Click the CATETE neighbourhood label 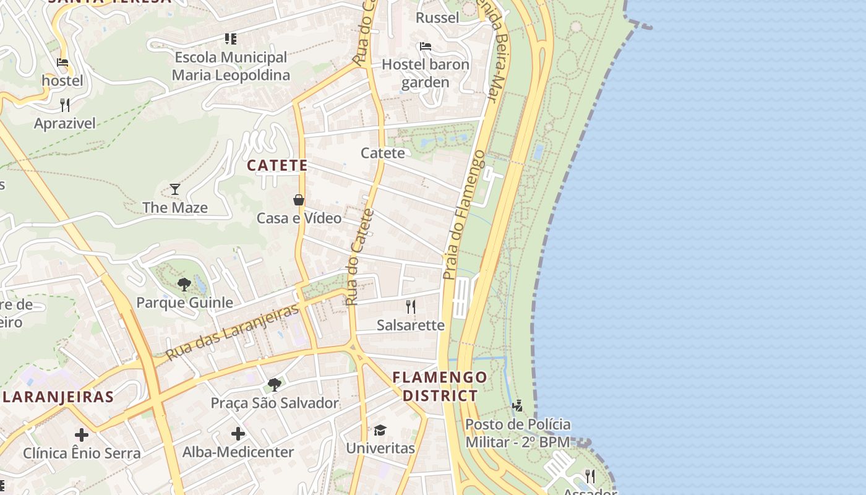(277, 165)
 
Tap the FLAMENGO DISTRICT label (440, 386)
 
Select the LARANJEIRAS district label (58, 397)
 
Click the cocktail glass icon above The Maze (175, 189)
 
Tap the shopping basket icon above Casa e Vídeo (299, 200)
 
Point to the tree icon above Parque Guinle (184, 285)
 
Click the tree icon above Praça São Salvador (275, 385)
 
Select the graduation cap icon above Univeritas (380, 430)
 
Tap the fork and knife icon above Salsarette (410, 306)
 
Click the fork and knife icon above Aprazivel (65, 105)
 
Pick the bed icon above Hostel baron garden (425, 46)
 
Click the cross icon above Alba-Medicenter (238, 434)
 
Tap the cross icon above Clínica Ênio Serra (82, 435)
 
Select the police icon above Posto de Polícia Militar (518, 406)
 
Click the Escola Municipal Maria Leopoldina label (231, 66)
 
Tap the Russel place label (437, 17)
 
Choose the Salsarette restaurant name (411, 325)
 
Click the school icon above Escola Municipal (231, 39)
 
